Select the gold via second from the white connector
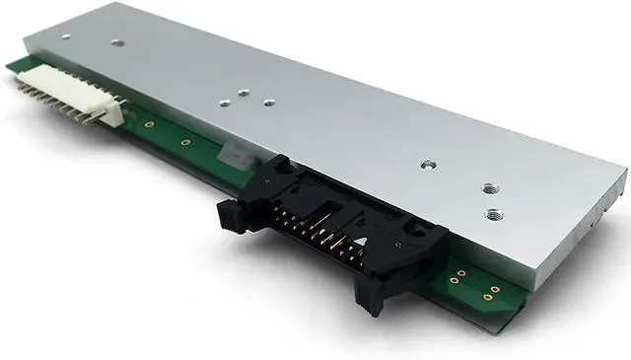pos(184,143)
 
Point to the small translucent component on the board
pos(230,156)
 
